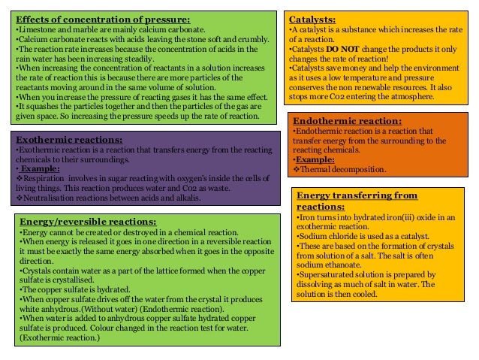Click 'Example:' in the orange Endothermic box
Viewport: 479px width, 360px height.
pos(315,159)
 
